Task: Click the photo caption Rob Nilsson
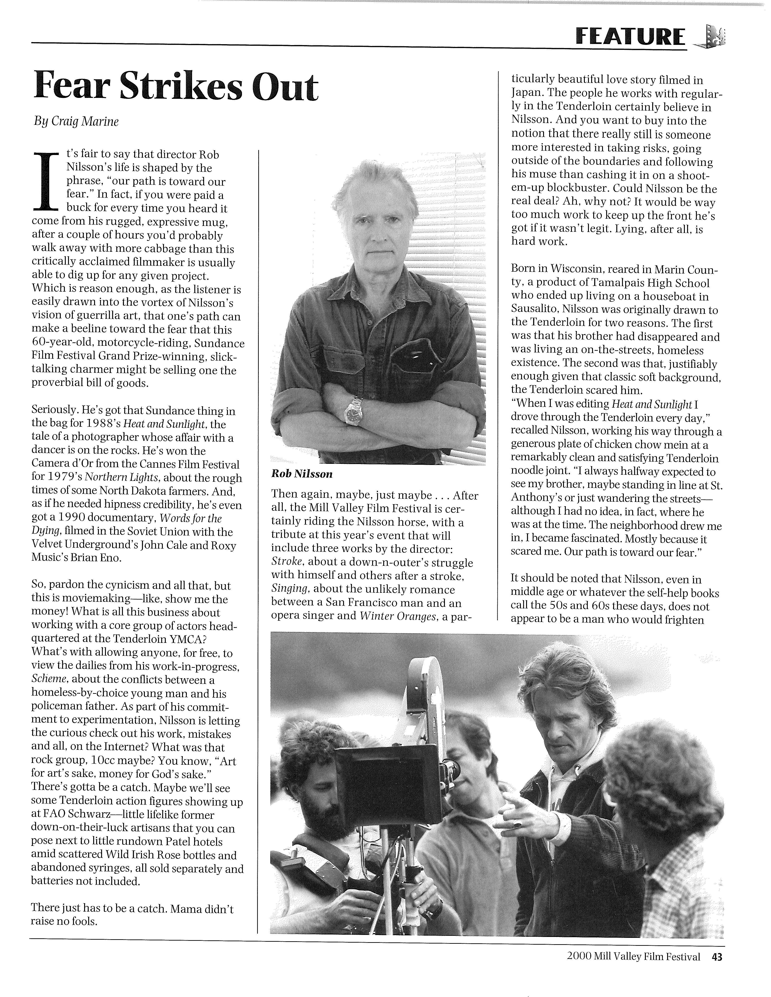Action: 301,474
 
